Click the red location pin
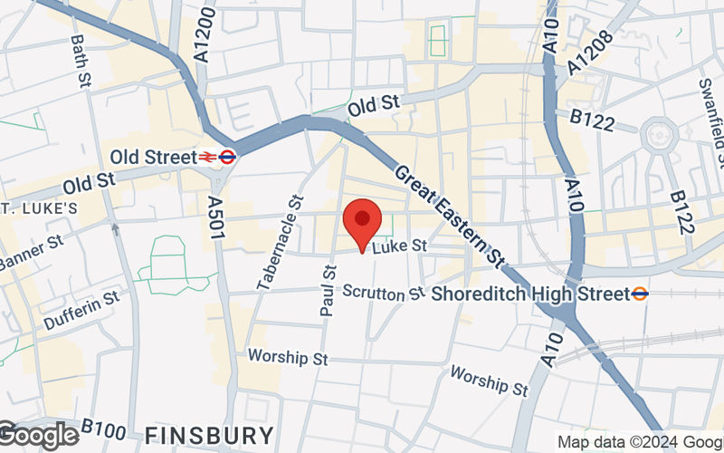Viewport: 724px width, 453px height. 362,223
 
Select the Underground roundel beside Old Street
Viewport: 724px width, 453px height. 228,157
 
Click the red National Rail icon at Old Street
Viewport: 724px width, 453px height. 209,157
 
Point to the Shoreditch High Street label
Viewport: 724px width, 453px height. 529,294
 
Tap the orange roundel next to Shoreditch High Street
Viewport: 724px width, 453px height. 640,294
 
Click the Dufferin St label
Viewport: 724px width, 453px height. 81,310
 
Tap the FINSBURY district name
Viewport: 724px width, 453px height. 208,434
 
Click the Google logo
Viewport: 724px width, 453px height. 38,436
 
